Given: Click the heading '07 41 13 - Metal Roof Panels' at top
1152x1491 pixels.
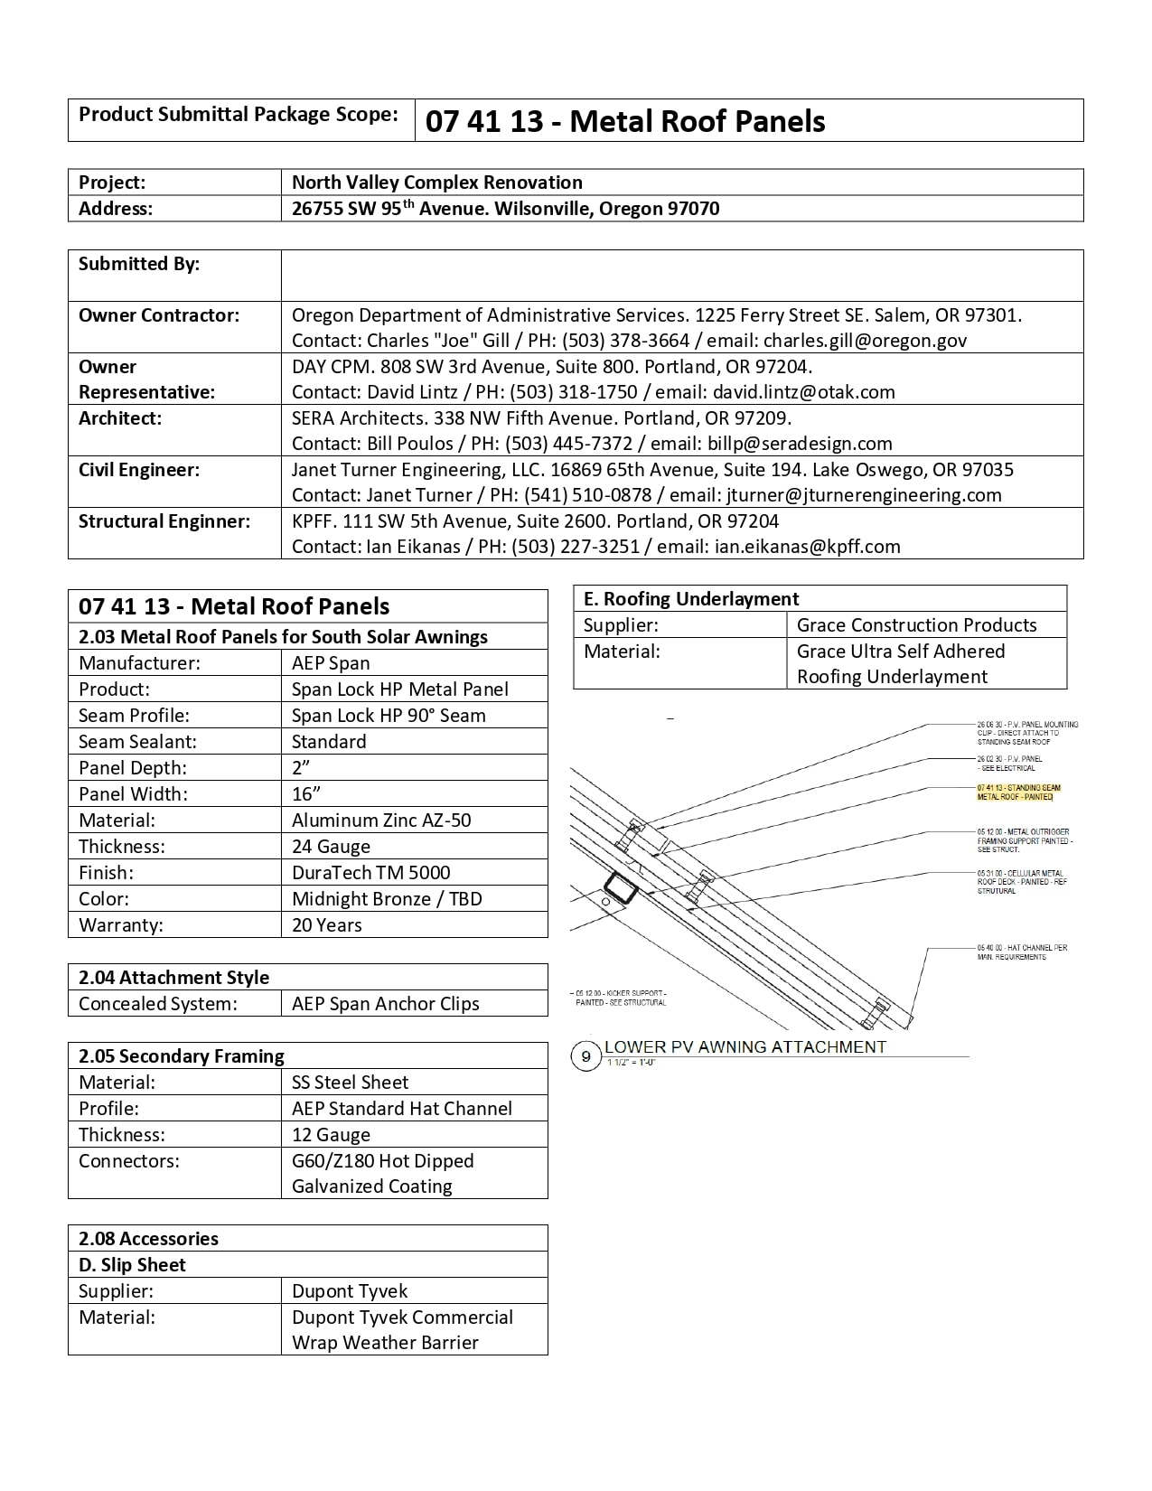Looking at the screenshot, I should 625,121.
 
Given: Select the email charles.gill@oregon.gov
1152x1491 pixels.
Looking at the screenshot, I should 865,341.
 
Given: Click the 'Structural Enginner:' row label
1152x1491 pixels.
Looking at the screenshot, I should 164,521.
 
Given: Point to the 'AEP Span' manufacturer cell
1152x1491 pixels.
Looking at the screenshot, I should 331,663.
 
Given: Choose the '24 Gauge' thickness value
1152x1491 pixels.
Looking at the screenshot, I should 331,847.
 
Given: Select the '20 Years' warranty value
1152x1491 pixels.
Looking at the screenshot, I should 326,925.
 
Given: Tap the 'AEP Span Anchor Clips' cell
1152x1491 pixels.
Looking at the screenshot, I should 386,1004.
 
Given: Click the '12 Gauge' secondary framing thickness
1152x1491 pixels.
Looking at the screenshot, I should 331,1135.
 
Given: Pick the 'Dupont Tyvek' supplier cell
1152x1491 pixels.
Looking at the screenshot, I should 350,1291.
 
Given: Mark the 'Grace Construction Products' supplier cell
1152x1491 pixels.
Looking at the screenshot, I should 916,625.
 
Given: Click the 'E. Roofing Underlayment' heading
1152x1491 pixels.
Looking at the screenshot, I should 691,599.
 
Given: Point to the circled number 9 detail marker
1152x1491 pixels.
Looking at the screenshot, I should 586,1055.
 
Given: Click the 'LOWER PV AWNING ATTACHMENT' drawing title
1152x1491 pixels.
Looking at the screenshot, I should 745,1047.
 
